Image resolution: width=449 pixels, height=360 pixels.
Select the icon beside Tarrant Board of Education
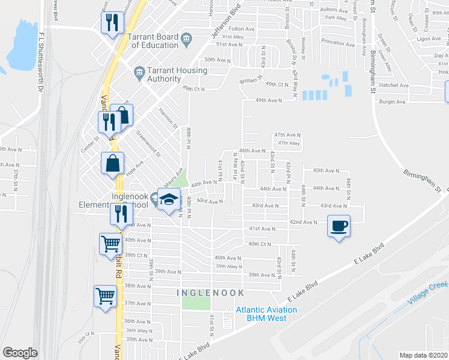[x=186, y=40]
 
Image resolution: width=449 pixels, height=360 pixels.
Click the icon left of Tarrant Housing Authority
[x=139, y=74]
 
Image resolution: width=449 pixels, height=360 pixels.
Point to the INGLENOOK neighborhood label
[x=211, y=292]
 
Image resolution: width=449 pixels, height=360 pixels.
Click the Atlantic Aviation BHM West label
[x=266, y=314]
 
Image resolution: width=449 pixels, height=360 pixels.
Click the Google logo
[x=20, y=353]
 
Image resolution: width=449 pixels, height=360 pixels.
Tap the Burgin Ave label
[x=393, y=102]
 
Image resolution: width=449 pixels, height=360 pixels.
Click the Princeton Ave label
[x=338, y=43]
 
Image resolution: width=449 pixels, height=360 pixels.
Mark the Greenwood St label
[x=148, y=145]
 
